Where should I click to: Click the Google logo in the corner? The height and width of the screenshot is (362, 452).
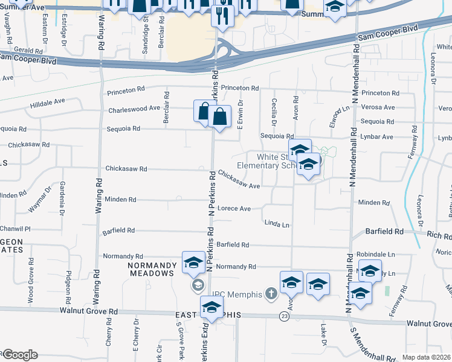click(19, 355)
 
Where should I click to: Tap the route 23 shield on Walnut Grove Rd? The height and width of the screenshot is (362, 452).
click(283, 316)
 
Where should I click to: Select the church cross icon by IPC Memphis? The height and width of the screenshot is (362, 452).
click(271, 294)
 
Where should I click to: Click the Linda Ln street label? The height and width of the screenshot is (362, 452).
click(277, 224)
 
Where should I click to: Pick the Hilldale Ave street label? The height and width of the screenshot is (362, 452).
click(47, 106)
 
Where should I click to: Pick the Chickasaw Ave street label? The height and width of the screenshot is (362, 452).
click(239, 179)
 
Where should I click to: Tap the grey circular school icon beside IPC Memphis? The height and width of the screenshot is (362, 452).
click(197, 285)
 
